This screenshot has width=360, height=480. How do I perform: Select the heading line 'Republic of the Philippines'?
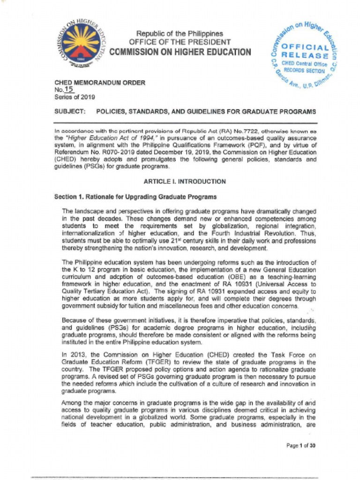(180, 34)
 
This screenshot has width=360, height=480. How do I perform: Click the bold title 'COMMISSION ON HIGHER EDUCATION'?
(180, 52)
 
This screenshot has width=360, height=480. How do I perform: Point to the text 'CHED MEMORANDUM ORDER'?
(100, 83)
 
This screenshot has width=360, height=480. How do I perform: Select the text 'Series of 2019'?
(75, 97)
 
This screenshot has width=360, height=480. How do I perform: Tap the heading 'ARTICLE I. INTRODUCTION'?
(184, 181)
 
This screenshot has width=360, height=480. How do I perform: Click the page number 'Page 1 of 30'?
(300, 446)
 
